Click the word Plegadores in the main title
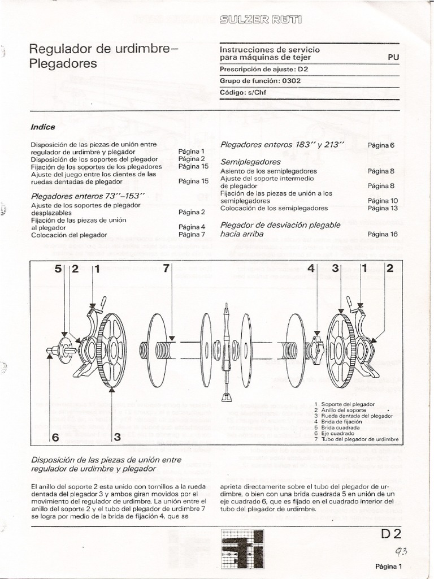coord(63,63)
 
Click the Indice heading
coord(43,127)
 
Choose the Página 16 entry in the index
coord(383,234)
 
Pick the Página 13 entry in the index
coord(383,208)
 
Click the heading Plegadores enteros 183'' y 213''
coord(282,145)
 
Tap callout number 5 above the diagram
coord(58,269)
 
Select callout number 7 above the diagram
coord(166,269)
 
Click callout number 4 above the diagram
coord(310,269)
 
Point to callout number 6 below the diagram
coord(55,437)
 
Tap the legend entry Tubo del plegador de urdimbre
coord(359,439)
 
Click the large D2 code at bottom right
coord(390,534)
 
